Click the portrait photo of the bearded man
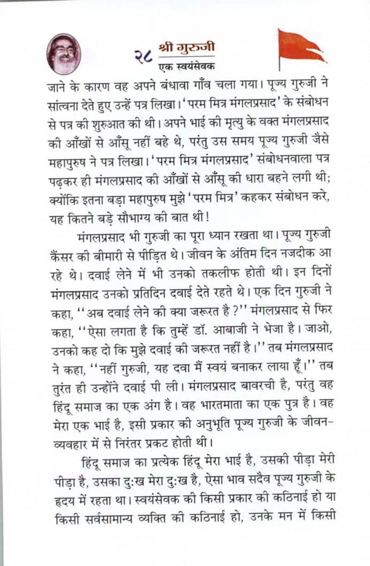(64, 53)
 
